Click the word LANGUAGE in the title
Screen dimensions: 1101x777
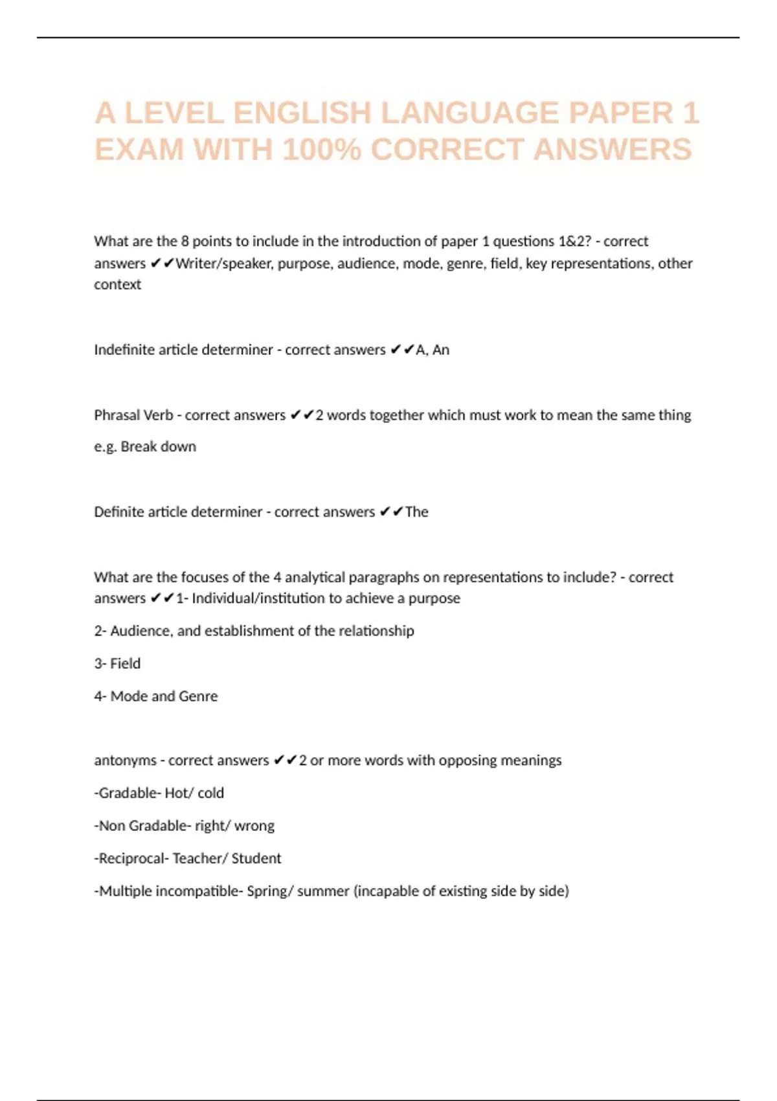pos(470,113)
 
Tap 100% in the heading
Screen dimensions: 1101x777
pos(322,150)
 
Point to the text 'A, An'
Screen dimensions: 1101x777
pos(433,350)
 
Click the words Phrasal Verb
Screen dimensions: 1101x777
pos(133,415)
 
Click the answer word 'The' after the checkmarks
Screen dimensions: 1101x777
pos(416,512)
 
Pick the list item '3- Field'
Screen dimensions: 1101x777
pos(117,663)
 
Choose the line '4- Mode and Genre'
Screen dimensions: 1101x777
pos(156,696)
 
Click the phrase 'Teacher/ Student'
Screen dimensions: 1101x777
pos(227,858)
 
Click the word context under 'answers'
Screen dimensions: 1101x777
pos(117,284)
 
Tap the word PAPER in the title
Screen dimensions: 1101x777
pos(621,113)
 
